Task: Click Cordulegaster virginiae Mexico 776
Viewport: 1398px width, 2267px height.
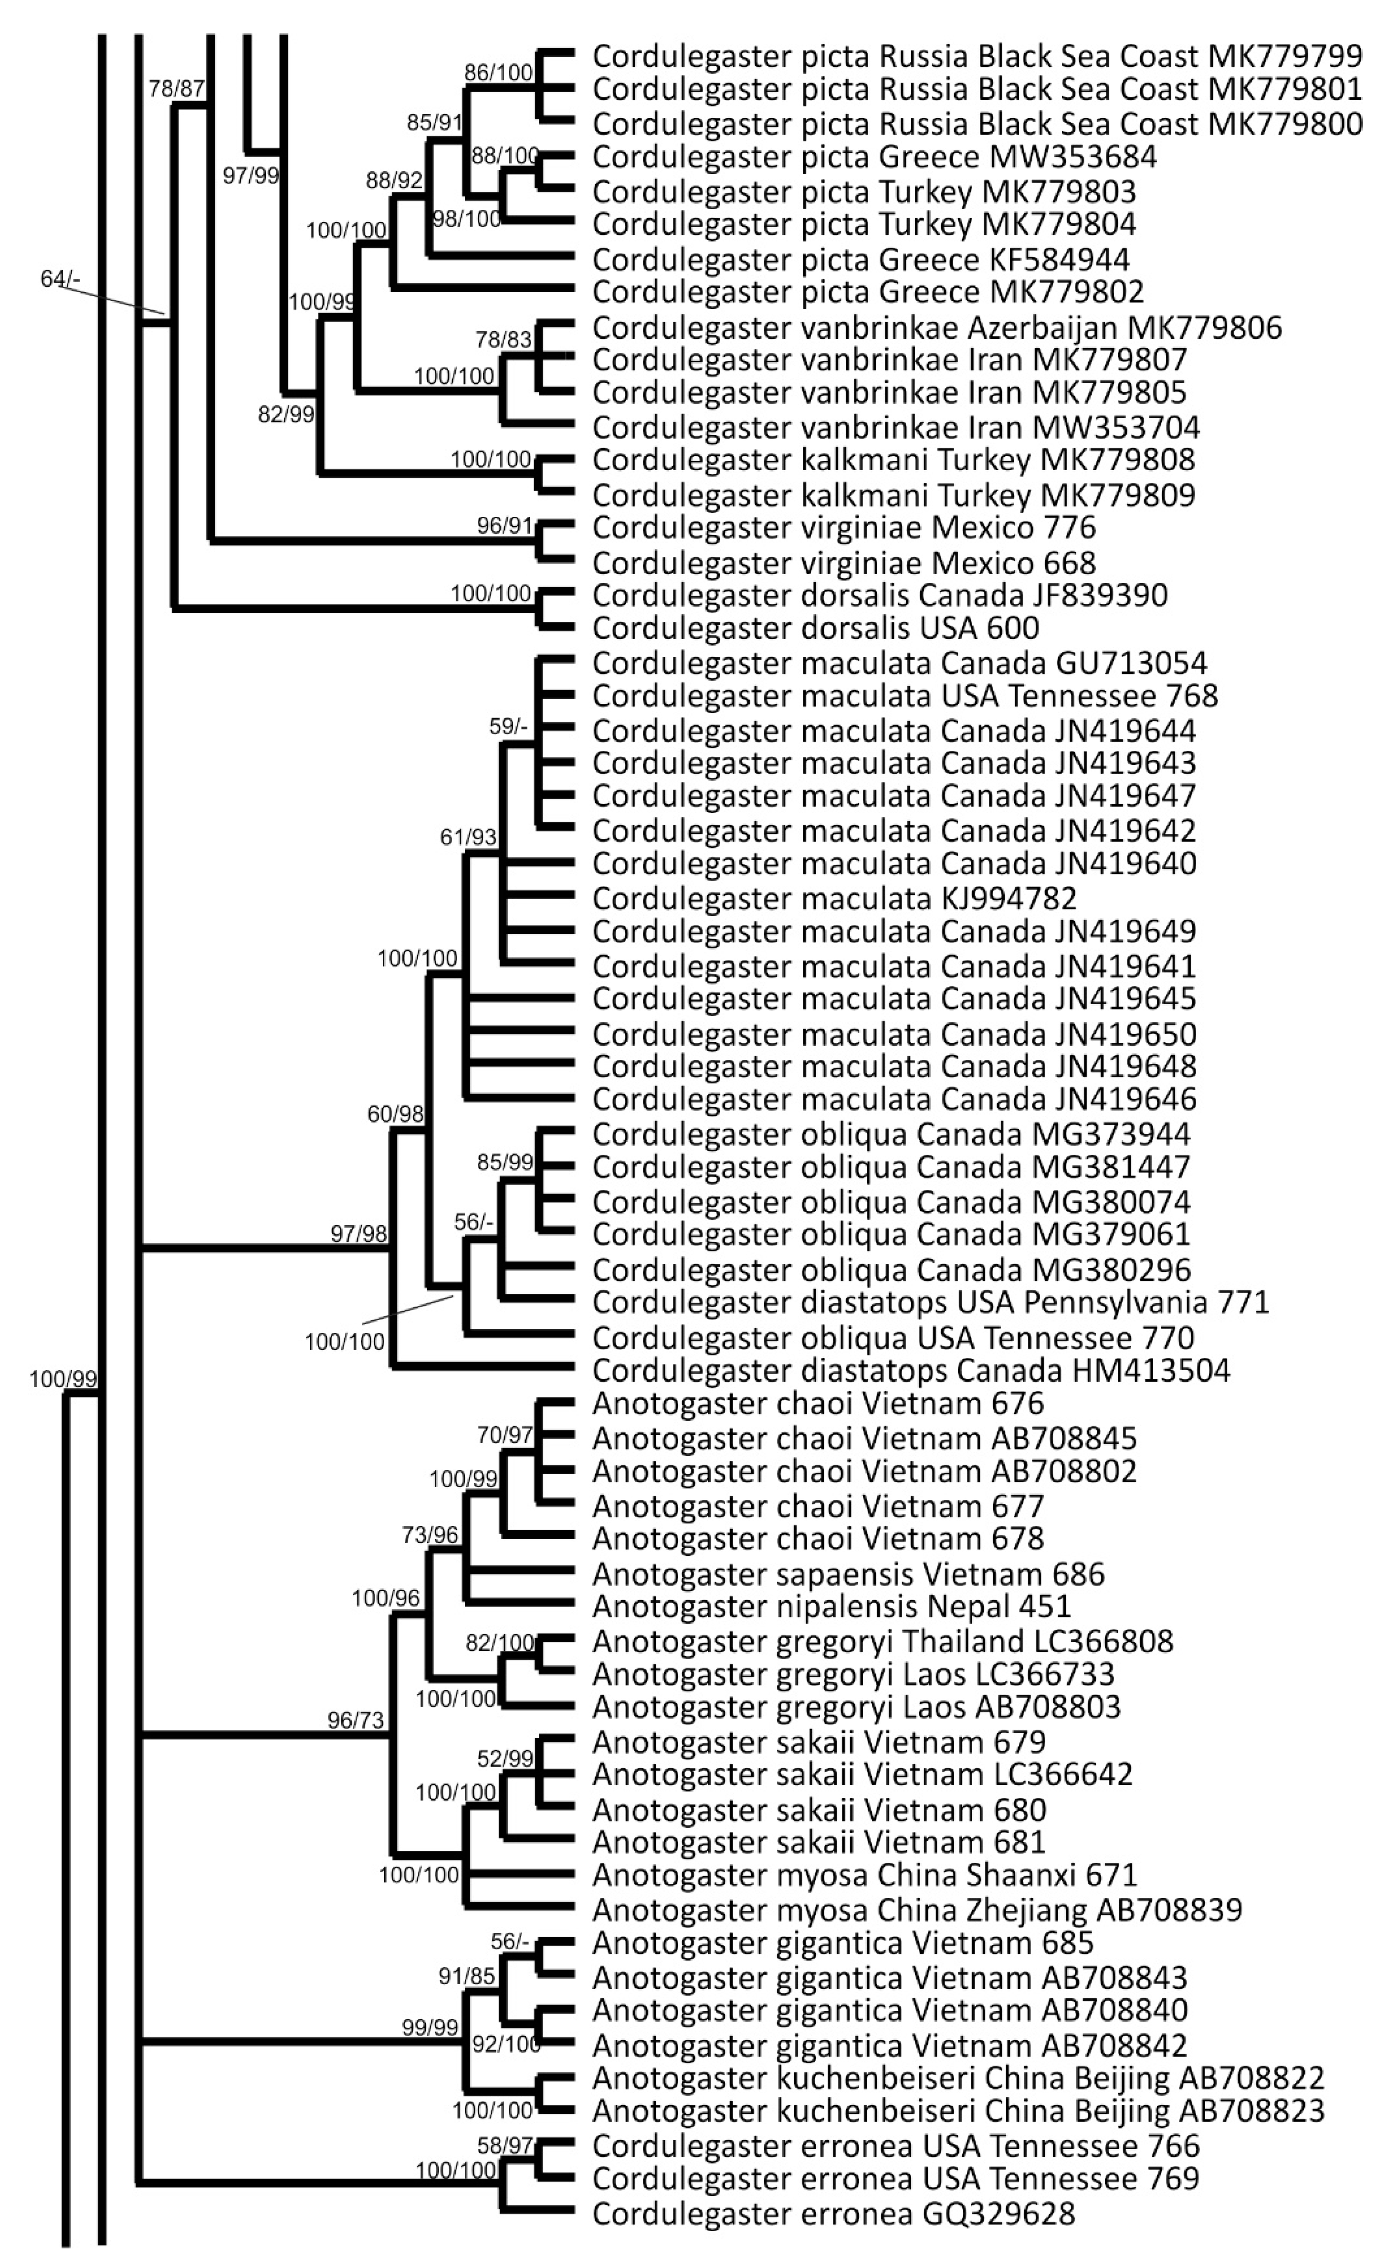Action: (x=843, y=528)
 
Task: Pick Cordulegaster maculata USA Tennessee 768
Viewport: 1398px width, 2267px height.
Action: (x=905, y=695)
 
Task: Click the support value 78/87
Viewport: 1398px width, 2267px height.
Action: (x=176, y=89)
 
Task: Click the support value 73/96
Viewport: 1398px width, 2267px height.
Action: (x=430, y=1535)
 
